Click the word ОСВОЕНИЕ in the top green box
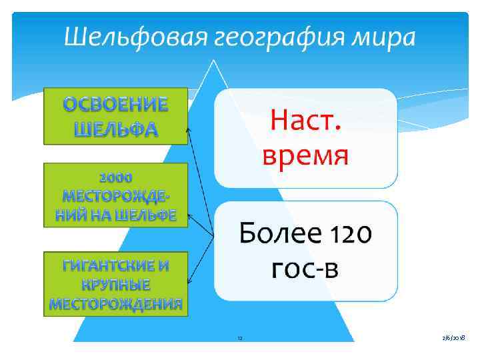pos(116,105)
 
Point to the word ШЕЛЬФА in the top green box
pos(116,129)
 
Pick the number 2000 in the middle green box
pos(116,177)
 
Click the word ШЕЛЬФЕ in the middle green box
pos(145,215)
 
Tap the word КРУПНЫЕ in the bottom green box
pos(116,285)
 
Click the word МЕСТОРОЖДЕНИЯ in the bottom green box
pos(116,305)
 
